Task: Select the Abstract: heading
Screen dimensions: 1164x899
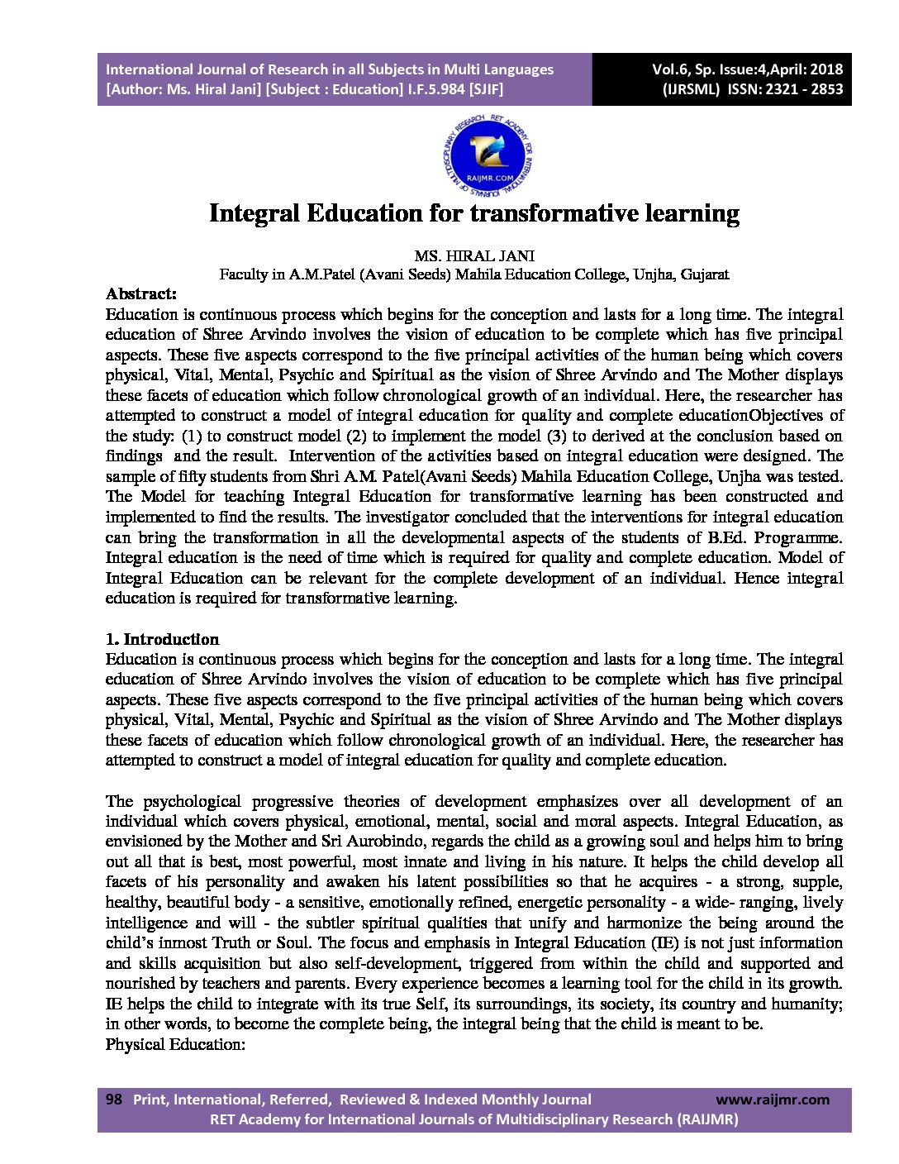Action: (x=141, y=293)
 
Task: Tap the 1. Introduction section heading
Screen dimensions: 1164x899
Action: (x=162, y=639)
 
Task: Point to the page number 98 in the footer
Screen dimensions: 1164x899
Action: (x=114, y=1100)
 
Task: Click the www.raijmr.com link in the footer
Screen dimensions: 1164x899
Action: (x=772, y=1100)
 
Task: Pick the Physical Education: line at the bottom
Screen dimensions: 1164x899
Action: (x=175, y=1044)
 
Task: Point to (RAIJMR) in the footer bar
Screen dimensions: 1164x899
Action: (x=707, y=1119)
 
